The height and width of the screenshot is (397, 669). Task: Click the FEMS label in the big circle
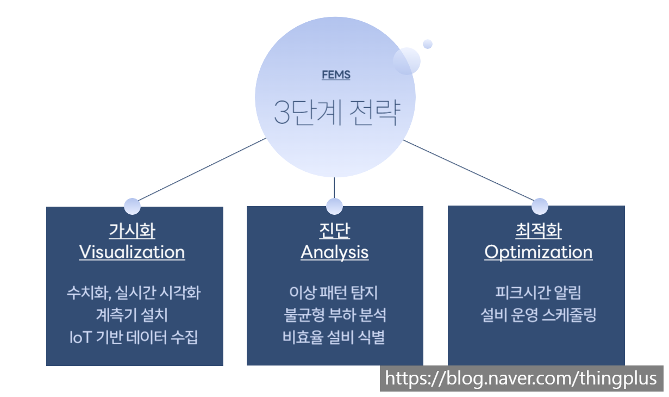[336, 75]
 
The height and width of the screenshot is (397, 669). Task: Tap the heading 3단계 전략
[337, 113]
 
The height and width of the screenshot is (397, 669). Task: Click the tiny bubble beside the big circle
[428, 44]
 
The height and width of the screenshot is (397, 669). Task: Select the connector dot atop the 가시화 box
[132, 206]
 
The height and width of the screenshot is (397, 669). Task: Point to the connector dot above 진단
[335, 206]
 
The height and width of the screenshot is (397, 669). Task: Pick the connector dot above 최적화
[540, 206]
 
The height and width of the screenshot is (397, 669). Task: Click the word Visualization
[132, 252]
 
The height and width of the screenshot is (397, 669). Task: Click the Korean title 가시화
[132, 231]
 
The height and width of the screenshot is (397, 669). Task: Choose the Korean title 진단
[335, 231]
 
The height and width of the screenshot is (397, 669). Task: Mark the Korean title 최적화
[539, 231]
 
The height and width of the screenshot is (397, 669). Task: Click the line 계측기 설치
[132, 315]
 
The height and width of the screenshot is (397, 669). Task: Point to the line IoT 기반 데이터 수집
[134, 337]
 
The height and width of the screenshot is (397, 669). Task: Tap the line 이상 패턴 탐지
[334, 293]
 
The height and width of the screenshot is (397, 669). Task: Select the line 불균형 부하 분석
[335, 315]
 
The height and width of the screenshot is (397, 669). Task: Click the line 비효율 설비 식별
[334, 337]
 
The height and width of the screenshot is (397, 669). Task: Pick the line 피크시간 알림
[539, 293]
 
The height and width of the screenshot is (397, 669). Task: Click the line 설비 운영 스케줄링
[539, 315]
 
